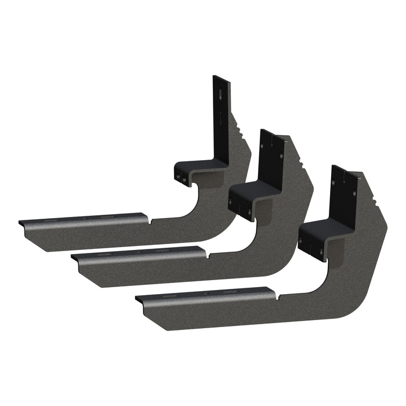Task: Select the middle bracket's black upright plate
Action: (x=271, y=157)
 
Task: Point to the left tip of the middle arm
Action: (x=72, y=259)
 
